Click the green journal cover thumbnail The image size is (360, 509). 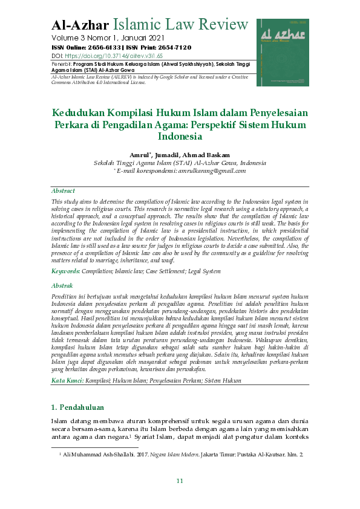(283, 52)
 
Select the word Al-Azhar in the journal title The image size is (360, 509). (80, 25)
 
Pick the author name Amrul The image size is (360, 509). (139, 155)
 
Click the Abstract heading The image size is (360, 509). (64, 190)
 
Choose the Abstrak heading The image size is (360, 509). (62, 285)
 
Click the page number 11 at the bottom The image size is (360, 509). (180, 481)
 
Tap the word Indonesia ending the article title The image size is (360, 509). (180, 137)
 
